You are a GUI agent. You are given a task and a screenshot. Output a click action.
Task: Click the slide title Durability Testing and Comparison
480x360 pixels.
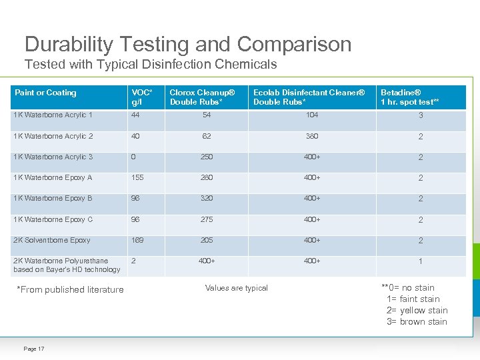[188, 44]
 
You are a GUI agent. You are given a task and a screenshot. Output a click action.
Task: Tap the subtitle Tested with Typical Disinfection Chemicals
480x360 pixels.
[150, 65]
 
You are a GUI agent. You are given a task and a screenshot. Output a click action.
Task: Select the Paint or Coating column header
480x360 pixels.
[45, 93]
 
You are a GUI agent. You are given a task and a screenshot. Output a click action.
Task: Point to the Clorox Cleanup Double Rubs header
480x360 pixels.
[202, 97]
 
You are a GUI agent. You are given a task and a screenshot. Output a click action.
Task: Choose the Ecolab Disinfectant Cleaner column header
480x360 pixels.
[309, 97]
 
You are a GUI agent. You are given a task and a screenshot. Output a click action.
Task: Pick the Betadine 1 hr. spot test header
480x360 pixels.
[409, 97]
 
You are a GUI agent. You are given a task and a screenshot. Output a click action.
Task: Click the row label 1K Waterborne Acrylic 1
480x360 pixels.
[53, 115]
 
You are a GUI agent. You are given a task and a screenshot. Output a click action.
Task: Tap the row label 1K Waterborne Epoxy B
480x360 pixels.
[53, 198]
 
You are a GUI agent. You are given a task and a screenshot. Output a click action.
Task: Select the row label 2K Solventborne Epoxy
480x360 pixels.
[52, 240]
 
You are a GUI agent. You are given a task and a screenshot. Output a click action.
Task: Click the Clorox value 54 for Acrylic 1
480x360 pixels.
[207, 115]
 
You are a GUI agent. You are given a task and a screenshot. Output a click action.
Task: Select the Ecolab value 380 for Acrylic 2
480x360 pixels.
[311, 136]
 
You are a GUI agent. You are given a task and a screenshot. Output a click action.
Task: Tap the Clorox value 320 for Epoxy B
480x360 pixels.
[207, 198]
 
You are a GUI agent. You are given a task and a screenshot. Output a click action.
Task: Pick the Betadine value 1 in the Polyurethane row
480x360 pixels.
[421, 261]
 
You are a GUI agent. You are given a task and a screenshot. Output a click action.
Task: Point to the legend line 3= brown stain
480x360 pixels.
[417, 322]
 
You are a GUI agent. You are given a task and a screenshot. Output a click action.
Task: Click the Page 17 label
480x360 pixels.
[33, 349]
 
